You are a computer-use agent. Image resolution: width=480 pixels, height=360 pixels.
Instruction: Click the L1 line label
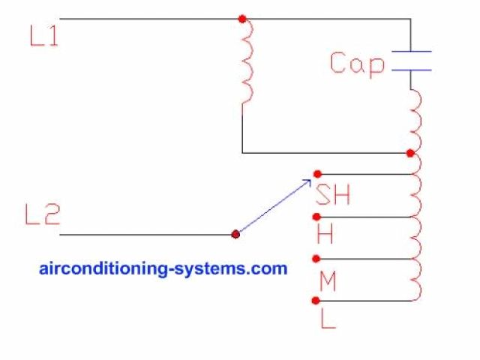(43, 37)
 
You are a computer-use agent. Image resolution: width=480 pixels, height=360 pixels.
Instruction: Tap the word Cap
(357, 64)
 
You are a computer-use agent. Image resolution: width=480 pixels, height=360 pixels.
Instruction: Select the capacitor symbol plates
(411, 61)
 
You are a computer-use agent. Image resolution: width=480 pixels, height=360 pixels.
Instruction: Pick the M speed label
(328, 281)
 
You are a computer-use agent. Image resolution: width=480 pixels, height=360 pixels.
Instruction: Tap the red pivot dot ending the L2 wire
(235, 234)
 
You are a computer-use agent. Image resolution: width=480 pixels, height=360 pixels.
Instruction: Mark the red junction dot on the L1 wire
(241, 18)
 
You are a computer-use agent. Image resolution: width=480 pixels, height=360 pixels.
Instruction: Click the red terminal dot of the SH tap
(317, 174)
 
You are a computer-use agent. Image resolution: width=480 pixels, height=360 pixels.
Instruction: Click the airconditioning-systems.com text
(163, 268)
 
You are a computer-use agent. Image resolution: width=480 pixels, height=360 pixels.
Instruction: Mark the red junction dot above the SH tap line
(409, 153)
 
